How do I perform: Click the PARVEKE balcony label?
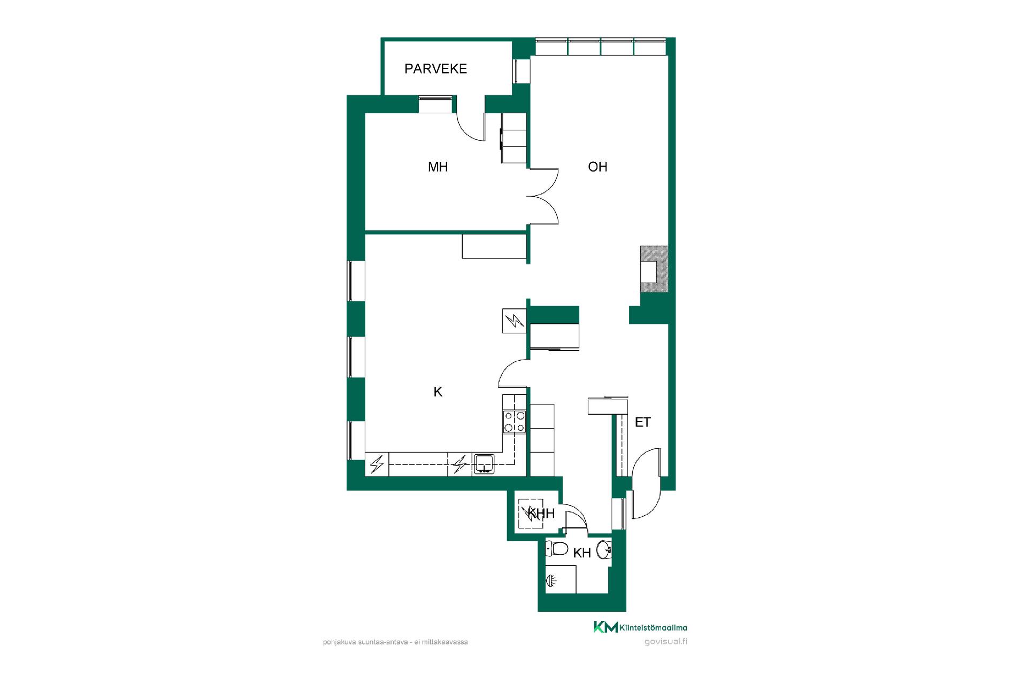pos(435,69)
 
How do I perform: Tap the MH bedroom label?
pos(438,167)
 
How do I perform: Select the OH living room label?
pos(597,167)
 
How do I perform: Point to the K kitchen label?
pos(438,392)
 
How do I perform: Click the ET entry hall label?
pos(642,423)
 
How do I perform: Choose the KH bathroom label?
pos(582,553)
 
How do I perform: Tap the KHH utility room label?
pos(541,514)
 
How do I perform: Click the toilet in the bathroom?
pos(557,549)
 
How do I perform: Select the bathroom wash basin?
pos(604,549)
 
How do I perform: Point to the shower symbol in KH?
pos(551,580)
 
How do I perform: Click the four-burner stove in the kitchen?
pos(514,422)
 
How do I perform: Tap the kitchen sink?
pos(484,463)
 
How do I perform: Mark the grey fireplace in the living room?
pos(654,269)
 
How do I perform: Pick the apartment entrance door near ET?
pos(646,483)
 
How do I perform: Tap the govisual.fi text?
pos(666,642)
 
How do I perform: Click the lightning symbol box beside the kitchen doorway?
pos(515,321)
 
